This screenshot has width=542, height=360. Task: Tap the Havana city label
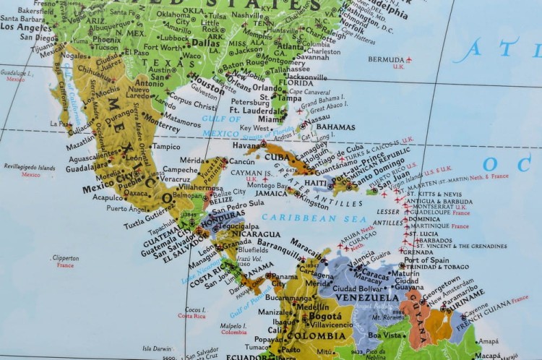(x=246, y=146)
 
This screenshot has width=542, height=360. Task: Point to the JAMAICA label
(x=272, y=194)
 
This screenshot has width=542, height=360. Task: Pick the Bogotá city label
(x=324, y=316)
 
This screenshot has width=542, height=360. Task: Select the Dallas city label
(x=205, y=43)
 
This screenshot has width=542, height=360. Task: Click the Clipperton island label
(x=65, y=257)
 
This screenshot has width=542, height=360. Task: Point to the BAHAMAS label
(x=336, y=127)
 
